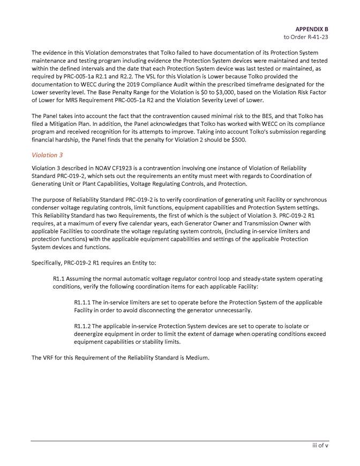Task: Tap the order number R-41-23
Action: (x=314, y=37)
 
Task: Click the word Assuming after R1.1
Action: (x=82, y=279)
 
